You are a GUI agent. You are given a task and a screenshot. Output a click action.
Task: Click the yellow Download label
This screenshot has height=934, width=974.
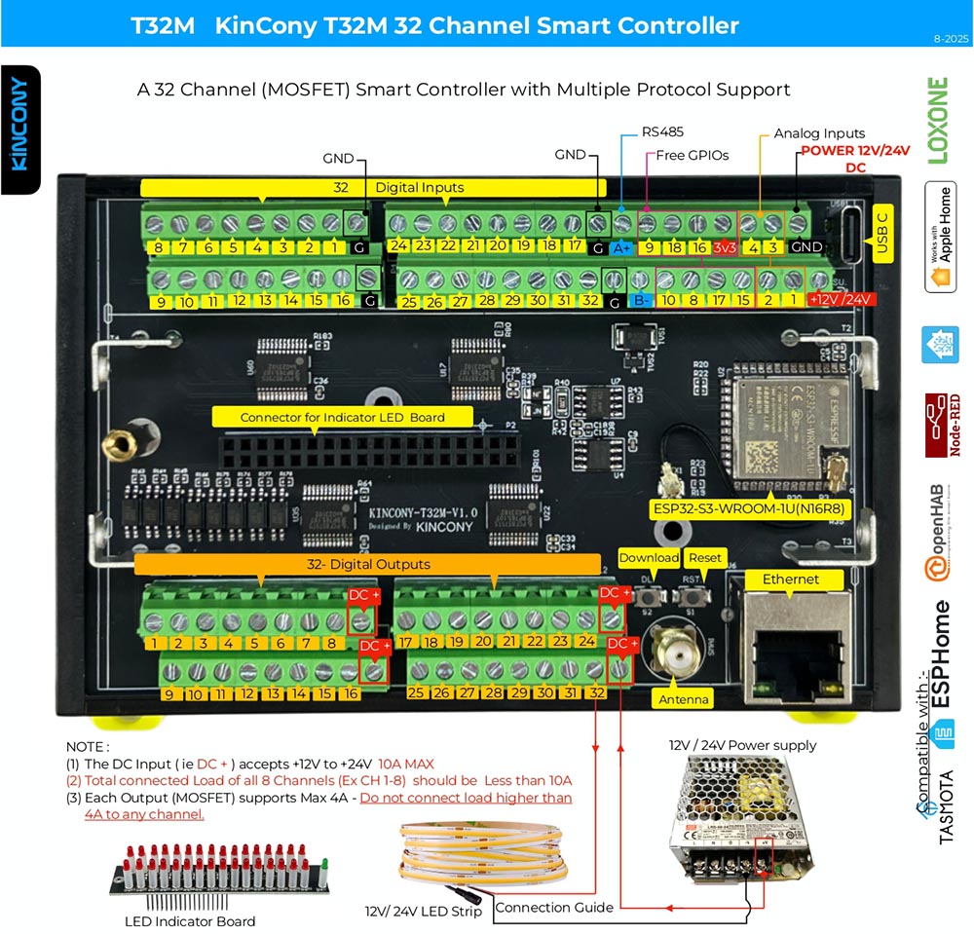tap(648, 558)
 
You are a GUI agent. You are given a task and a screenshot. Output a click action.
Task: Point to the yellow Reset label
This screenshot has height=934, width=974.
tap(704, 558)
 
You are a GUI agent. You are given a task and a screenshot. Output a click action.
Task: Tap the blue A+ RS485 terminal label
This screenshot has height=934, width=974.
tap(618, 247)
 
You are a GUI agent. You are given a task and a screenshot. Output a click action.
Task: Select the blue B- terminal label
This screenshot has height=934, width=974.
tap(641, 302)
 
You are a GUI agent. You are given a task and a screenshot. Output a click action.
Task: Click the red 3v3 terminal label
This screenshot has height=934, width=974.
tap(724, 247)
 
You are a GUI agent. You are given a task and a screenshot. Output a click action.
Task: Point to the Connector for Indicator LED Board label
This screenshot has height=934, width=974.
tap(342, 417)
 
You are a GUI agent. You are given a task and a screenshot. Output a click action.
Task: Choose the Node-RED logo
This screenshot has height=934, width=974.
tap(941, 425)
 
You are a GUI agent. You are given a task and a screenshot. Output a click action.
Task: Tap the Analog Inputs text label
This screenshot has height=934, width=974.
tap(819, 133)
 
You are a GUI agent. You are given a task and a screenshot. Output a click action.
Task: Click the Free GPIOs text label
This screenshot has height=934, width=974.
tap(693, 155)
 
